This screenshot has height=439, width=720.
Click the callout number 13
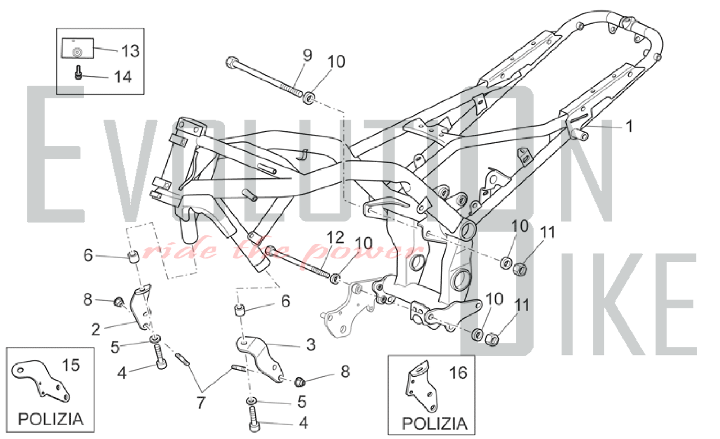(130, 51)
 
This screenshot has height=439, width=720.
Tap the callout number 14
(123, 77)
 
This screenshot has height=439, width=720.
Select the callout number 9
(307, 55)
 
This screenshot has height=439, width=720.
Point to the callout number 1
(629, 127)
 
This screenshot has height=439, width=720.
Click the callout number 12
(335, 238)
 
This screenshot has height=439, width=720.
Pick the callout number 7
(201, 402)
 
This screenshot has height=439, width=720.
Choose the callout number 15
(71, 365)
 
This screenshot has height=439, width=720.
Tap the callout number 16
(458, 373)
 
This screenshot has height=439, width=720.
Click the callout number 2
(95, 330)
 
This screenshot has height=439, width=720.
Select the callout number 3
(311, 345)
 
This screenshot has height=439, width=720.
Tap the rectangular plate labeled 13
(77, 48)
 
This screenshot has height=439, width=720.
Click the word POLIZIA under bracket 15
(50, 420)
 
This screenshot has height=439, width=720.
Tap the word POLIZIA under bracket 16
(434, 424)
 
